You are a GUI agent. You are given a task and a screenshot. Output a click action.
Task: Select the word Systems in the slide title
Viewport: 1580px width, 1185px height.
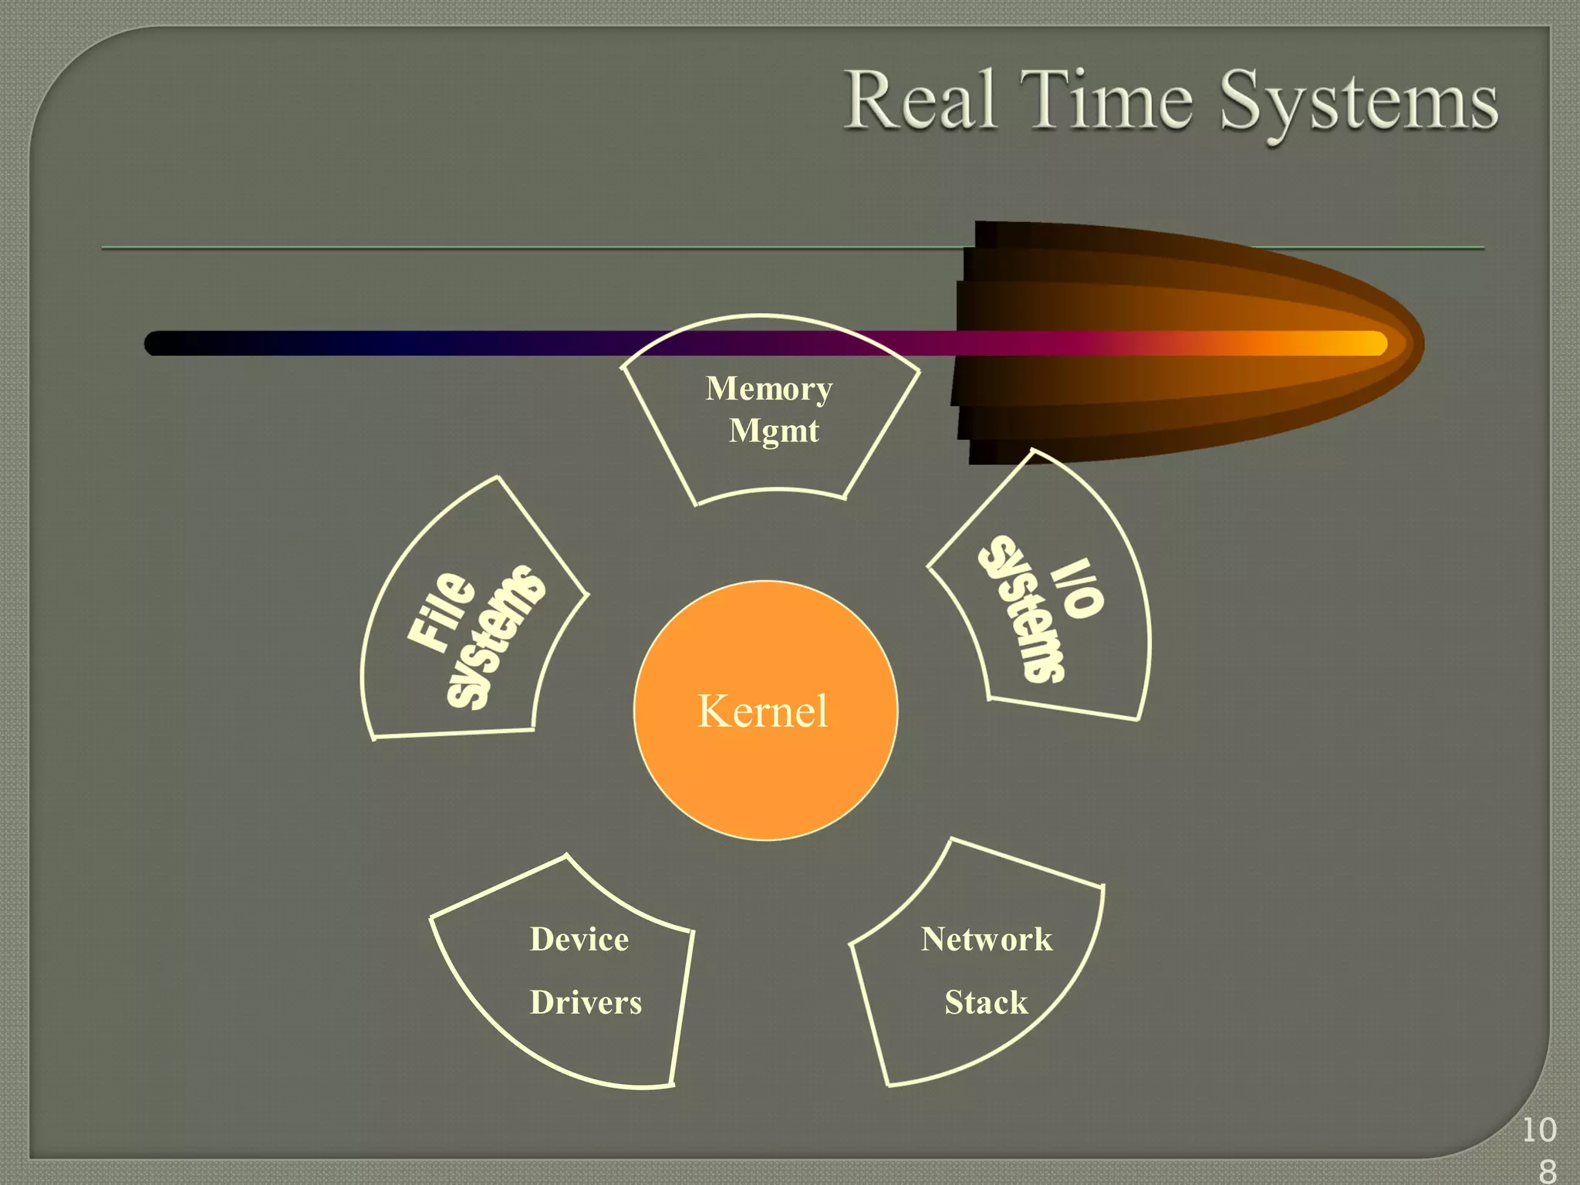click(x=1358, y=104)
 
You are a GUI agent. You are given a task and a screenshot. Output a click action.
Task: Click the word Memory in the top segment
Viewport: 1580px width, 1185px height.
click(x=769, y=388)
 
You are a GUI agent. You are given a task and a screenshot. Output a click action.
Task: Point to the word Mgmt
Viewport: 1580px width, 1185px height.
click(x=774, y=430)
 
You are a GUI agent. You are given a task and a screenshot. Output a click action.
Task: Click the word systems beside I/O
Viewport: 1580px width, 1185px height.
click(x=1023, y=609)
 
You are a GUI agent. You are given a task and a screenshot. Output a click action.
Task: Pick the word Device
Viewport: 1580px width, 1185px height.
click(x=579, y=940)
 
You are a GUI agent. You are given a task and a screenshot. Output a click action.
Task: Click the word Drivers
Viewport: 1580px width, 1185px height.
click(x=586, y=1003)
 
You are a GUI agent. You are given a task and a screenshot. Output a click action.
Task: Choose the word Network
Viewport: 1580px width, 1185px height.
click(x=986, y=940)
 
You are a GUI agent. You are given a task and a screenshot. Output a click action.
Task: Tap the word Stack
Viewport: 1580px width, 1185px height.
click(x=986, y=1003)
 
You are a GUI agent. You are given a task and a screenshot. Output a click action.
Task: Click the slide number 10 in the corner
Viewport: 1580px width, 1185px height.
click(x=1539, y=1131)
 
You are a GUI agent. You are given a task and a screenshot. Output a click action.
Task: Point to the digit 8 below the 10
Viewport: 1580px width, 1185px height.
click(x=1548, y=1171)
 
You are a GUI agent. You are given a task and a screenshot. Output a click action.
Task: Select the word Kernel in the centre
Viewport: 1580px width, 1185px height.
click(x=762, y=711)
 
